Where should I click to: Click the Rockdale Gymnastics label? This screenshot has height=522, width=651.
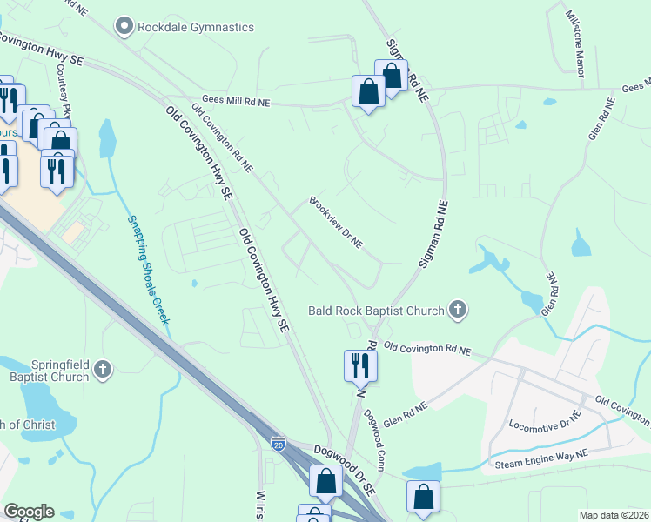196,27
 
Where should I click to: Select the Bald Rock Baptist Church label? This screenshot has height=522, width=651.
376,310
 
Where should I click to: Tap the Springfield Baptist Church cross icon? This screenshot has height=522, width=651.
103,370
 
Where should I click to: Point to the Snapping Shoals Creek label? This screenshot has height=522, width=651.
147,270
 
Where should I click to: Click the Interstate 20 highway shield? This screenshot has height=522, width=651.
278,444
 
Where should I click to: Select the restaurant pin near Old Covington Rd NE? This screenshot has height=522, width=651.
360,365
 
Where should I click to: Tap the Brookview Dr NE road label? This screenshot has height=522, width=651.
336,223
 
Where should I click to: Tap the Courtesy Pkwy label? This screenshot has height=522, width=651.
63,86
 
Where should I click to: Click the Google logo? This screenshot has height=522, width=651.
29,512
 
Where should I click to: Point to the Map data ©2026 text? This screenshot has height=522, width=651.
613,515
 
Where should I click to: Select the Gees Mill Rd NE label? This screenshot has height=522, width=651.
236,102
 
